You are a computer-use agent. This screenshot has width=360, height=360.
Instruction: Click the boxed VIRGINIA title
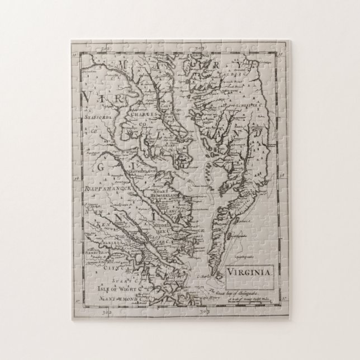pos(249,272)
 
